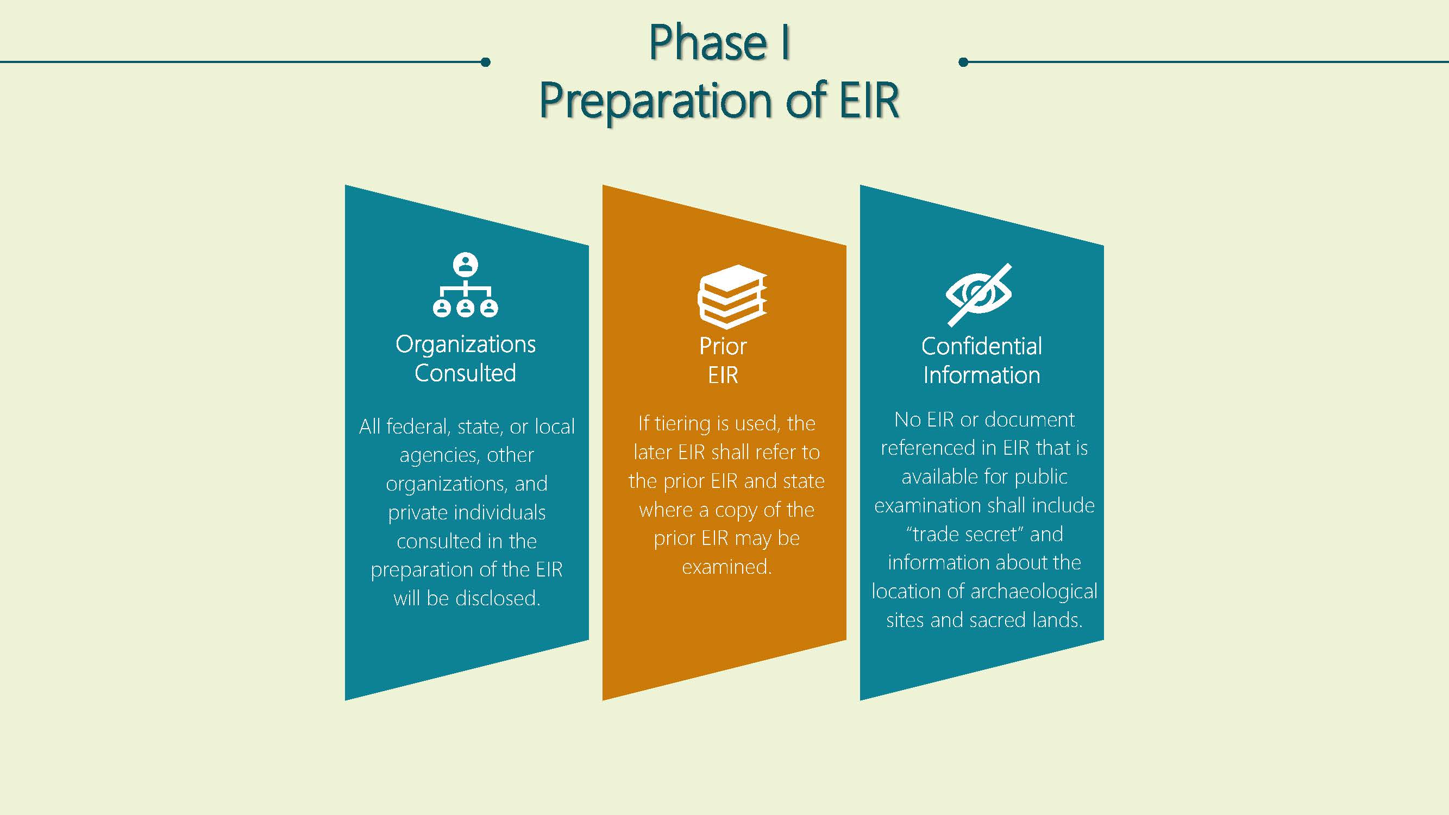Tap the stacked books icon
pyautogui.click(x=732, y=297)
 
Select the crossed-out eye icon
pyautogui.click(x=978, y=294)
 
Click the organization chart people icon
pyautogui.click(x=465, y=285)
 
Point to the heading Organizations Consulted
pyautogui.click(x=465, y=359)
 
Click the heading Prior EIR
pyautogui.click(x=723, y=361)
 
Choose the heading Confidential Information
pyautogui.click(x=982, y=361)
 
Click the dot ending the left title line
pyautogui.click(x=486, y=62)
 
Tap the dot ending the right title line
pyautogui.click(x=963, y=62)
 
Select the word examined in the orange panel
pyautogui.click(x=727, y=566)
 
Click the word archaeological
pyautogui.click(x=1034, y=592)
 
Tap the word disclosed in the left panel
pyautogui.click(x=498, y=598)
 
